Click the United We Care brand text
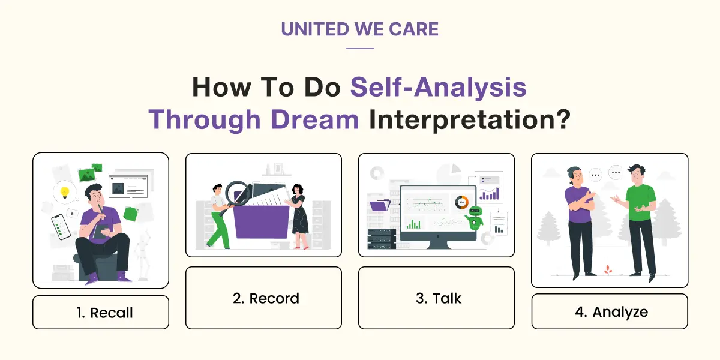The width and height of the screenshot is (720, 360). (x=359, y=29)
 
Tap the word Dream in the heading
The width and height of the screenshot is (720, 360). (x=314, y=120)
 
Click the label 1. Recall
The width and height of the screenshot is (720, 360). (x=101, y=313)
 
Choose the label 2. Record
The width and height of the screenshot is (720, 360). (x=263, y=298)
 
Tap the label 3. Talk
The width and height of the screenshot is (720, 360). (x=436, y=298)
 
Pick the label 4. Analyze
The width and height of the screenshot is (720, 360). (x=610, y=311)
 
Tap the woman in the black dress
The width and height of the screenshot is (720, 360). (x=298, y=216)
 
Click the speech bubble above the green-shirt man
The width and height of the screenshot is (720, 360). (x=616, y=173)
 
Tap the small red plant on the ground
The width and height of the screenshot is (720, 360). (x=607, y=269)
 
